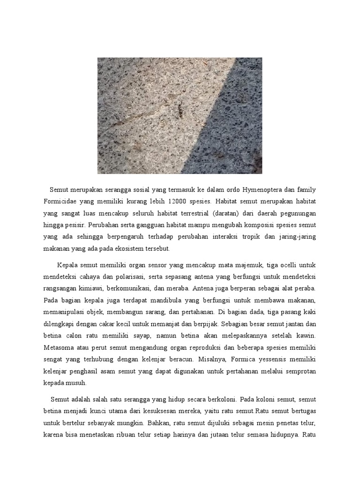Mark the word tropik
pos(261,238)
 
